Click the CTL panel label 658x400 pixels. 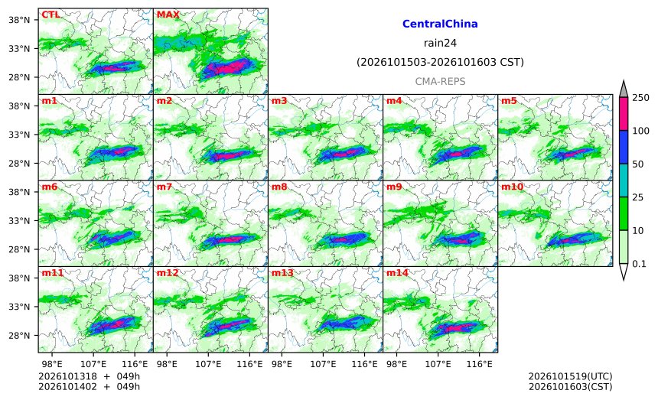click(50, 15)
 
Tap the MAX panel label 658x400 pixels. click(168, 15)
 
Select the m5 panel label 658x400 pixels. click(509, 101)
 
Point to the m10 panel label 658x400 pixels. click(512, 187)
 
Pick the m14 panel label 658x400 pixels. click(397, 273)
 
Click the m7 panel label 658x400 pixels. click(164, 187)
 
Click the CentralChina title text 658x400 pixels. click(440, 24)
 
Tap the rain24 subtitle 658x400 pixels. click(440, 43)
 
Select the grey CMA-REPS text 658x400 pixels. click(440, 81)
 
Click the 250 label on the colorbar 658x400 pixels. click(641, 98)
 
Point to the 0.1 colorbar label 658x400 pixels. click(639, 264)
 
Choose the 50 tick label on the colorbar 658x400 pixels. click(638, 164)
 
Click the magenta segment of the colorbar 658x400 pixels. click(623, 114)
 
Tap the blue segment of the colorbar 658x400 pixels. click(623, 147)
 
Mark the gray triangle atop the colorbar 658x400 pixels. click(623, 89)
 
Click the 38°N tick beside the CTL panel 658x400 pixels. click(19, 20)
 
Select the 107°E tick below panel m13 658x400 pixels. click(323, 364)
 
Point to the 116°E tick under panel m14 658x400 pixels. click(479, 364)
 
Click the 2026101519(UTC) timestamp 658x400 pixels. click(570, 376)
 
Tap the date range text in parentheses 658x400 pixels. click(440, 63)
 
